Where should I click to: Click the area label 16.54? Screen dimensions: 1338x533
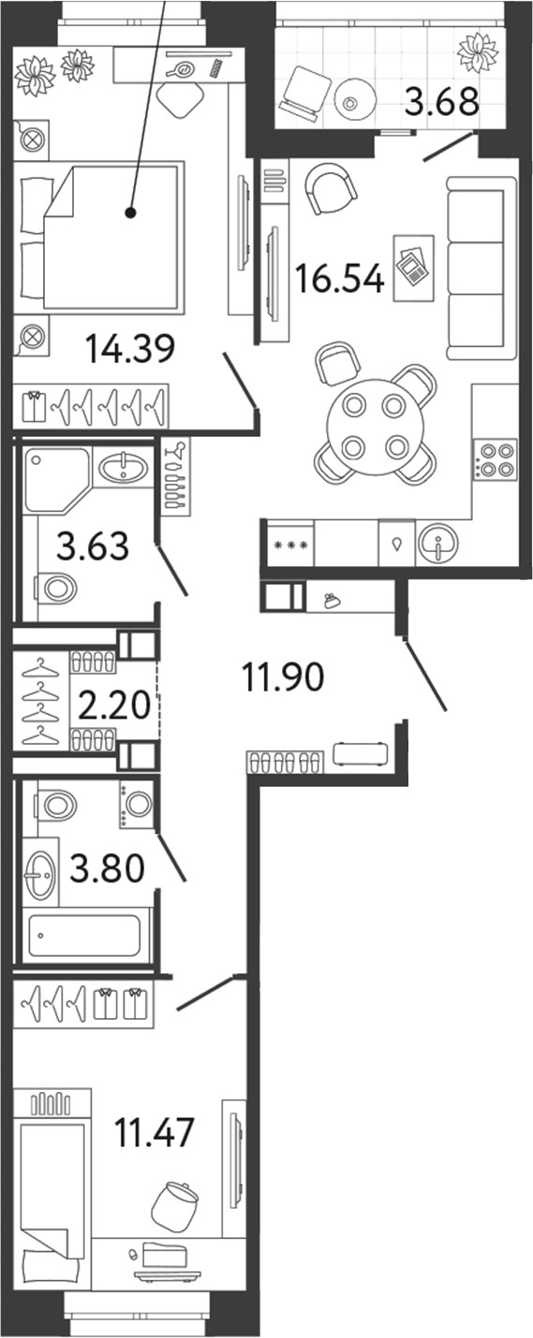click(339, 278)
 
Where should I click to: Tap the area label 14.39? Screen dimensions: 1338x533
click(130, 350)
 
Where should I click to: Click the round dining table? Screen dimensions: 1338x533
click(374, 426)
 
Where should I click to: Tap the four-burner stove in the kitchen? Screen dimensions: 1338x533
click(496, 459)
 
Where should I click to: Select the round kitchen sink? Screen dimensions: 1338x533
click(437, 544)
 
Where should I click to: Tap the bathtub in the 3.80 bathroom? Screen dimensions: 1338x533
click(84, 934)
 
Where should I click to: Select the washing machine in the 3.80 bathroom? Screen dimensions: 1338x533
click(137, 805)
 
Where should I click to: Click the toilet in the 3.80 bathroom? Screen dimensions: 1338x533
click(57, 803)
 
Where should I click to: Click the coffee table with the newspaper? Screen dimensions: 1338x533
click(413, 268)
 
